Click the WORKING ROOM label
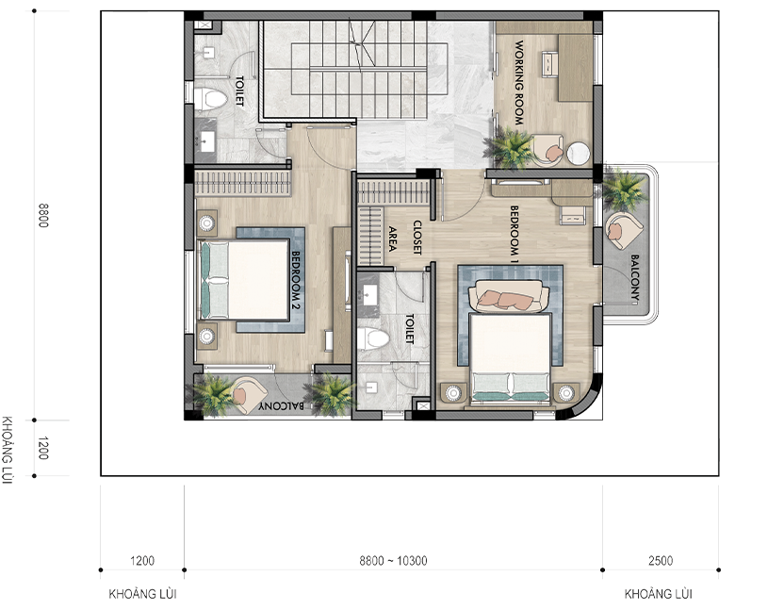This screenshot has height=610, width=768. click(518, 82)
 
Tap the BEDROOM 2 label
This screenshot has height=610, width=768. click(295, 280)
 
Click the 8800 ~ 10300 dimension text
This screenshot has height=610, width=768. click(393, 561)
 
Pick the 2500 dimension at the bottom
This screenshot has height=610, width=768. click(661, 561)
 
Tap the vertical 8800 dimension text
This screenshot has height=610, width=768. click(43, 215)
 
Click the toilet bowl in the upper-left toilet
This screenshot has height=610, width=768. click(211, 98)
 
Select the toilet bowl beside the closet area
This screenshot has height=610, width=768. click(373, 338)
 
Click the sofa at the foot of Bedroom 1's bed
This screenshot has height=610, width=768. click(508, 296)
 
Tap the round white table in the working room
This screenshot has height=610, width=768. click(578, 153)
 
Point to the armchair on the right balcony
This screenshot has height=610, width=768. click(624, 230)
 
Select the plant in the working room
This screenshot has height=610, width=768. click(508, 146)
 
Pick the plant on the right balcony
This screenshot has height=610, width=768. click(622, 189)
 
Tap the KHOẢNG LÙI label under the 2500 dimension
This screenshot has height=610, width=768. click(659, 594)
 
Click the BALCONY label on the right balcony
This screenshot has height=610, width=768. click(635, 277)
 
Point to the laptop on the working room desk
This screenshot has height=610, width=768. click(550, 64)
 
